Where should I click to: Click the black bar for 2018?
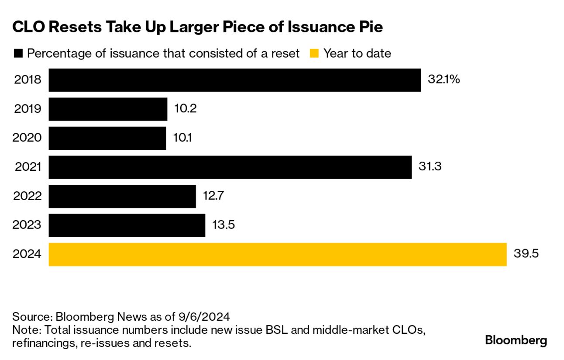pyautogui.click(x=234, y=80)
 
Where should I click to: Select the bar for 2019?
pyautogui.click(x=108, y=109)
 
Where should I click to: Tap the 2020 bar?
pyautogui.click(x=107, y=138)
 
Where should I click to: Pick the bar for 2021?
pyautogui.click(x=230, y=167)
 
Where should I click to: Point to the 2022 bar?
pyautogui.click(x=122, y=196)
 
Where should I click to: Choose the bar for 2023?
pyautogui.click(x=127, y=225)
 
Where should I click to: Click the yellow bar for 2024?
pyautogui.click(x=278, y=254)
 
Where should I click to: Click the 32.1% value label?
pyautogui.click(x=444, y=80)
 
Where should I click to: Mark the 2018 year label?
pyautogui.click(x=28, y=80)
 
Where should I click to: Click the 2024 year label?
pyautogui.click(x=28, y=254)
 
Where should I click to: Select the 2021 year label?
pyautogui.click(x=28, y=167)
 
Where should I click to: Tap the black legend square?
pyautogui.click(x=18, y=54)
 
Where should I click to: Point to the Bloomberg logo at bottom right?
pyautogui.click(x=516, y=340)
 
